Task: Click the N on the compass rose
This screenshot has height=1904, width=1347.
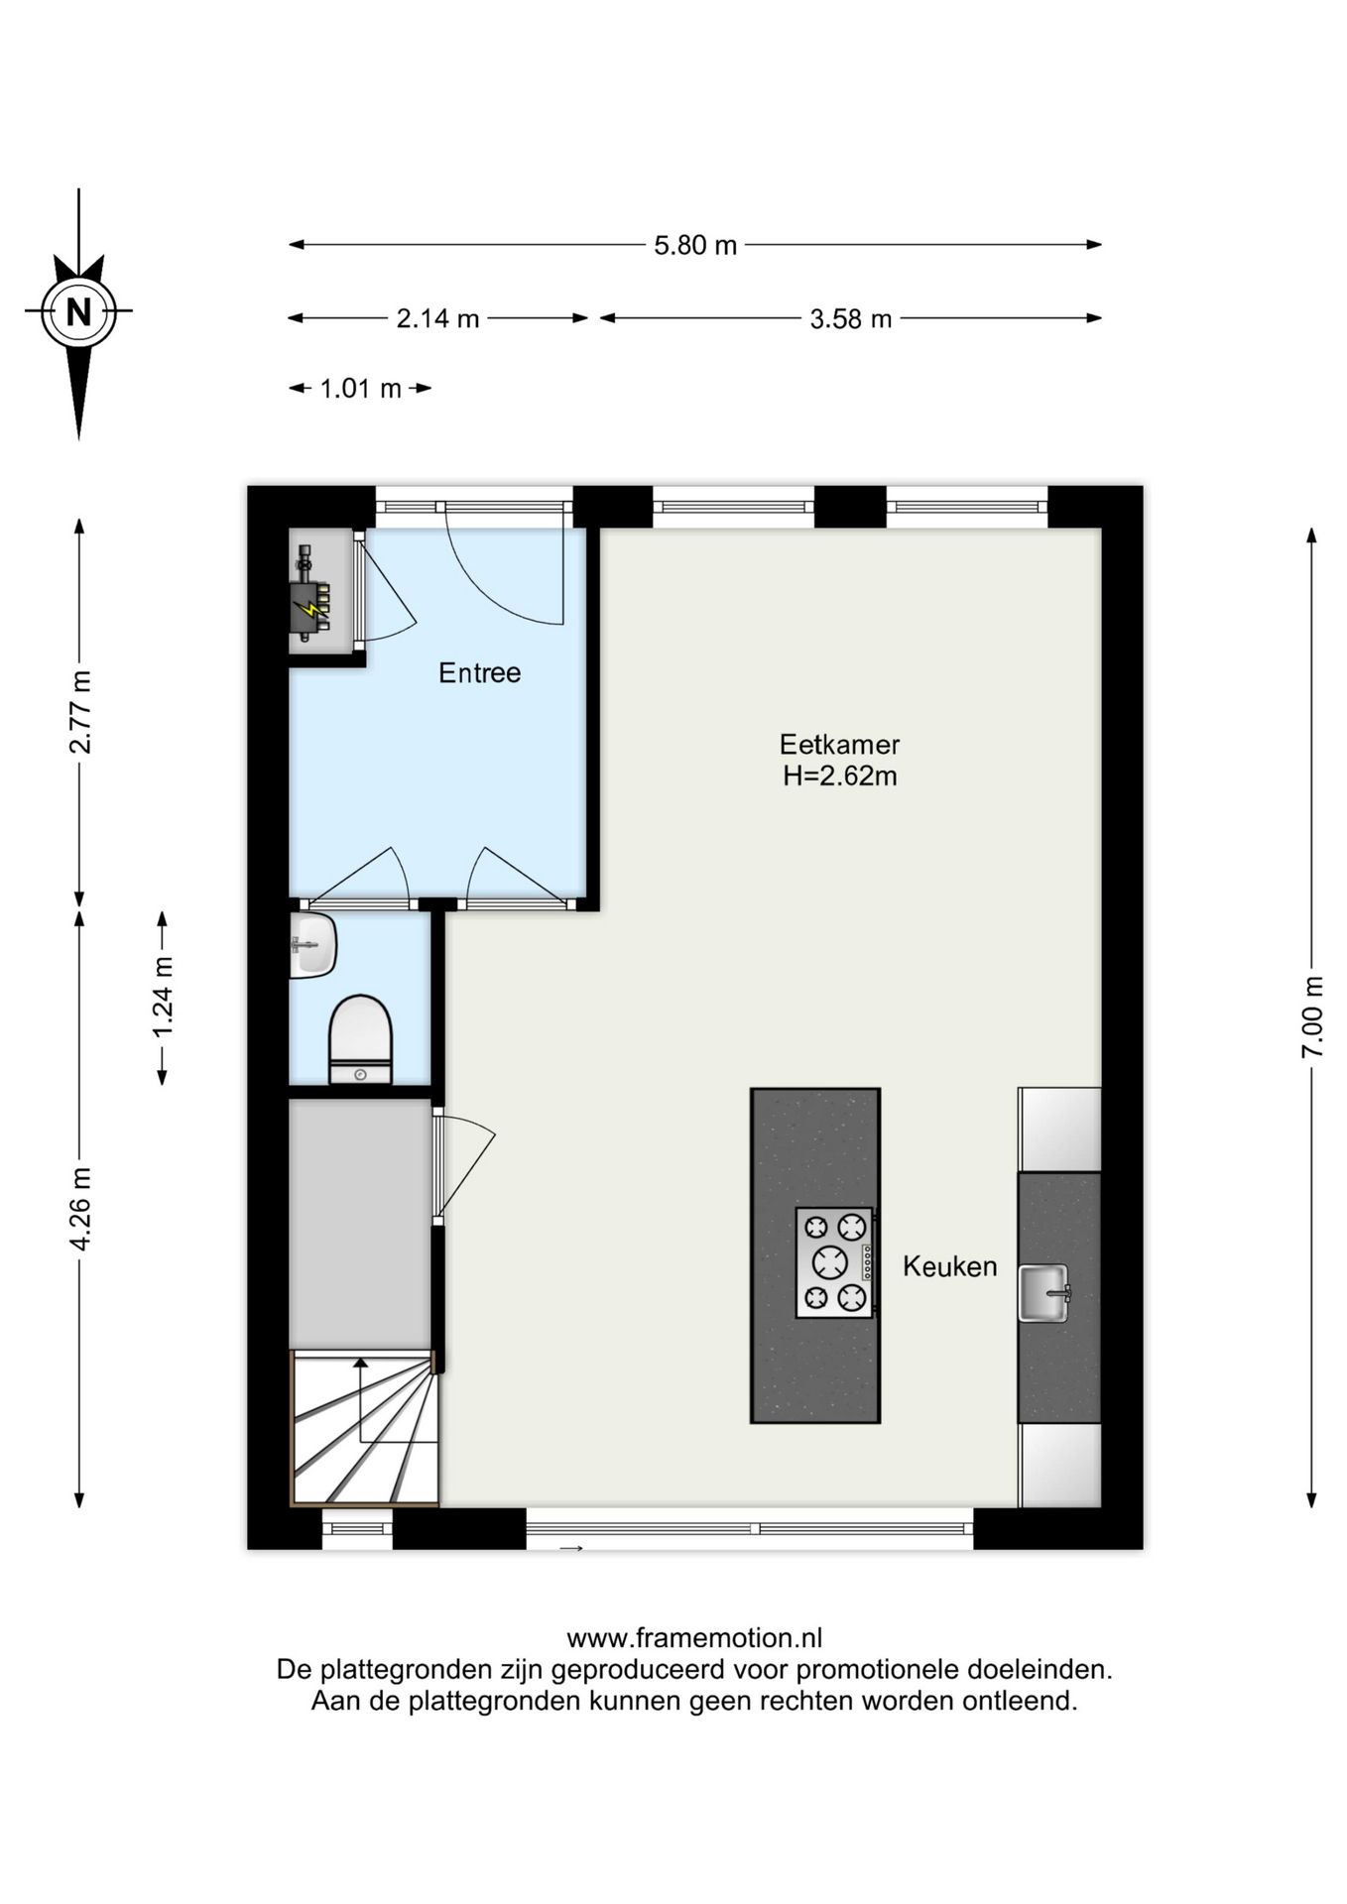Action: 78,311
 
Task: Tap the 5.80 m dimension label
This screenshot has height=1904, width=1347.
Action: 695,245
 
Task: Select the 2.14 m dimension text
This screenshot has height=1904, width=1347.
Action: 437,318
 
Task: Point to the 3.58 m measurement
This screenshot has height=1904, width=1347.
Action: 850,319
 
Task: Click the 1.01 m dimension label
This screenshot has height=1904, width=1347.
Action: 360,389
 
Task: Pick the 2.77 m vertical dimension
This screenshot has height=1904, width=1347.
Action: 80,712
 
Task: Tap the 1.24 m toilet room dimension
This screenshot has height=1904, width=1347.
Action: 163,997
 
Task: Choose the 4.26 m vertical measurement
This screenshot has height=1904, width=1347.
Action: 80,1209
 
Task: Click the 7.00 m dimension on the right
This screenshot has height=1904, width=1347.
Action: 1312,1017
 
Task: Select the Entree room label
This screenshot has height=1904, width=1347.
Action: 479,673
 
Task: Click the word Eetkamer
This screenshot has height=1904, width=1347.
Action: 839,745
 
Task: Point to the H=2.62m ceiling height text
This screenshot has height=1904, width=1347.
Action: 839,776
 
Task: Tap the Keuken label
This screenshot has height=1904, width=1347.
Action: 949,1266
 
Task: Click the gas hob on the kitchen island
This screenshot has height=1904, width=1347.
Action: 834,1262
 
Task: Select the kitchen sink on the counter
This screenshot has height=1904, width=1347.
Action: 1044,1293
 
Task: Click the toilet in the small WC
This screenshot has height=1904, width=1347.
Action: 360,1039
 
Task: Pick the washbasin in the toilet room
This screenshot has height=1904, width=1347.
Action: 313,945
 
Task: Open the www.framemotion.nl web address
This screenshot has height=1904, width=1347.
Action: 694,1638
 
